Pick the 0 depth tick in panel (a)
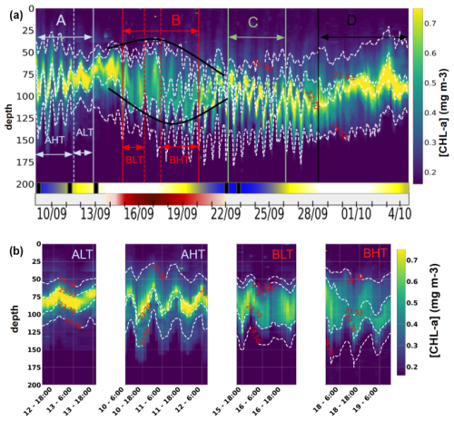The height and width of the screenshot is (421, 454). pos(28,9)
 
